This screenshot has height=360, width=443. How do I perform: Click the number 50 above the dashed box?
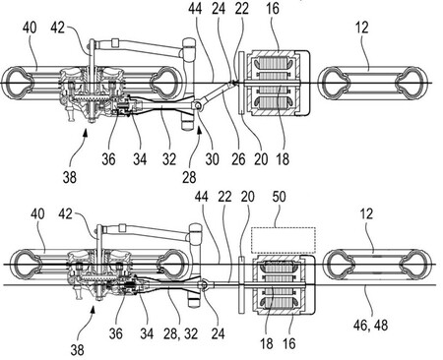pos(279,197)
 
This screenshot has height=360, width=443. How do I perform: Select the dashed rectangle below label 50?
pos(284,228)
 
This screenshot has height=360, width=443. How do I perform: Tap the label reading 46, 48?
pos(370,326)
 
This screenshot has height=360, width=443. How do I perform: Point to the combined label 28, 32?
pos(180,333)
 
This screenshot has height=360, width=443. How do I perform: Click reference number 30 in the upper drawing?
pos(212,159)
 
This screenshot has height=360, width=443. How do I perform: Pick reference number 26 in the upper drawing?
pos(238,159)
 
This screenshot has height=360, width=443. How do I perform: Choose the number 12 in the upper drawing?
pos(361,28)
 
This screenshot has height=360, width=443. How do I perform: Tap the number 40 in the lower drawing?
pos(37,213)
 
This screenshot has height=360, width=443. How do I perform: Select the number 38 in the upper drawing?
pos(70,177)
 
